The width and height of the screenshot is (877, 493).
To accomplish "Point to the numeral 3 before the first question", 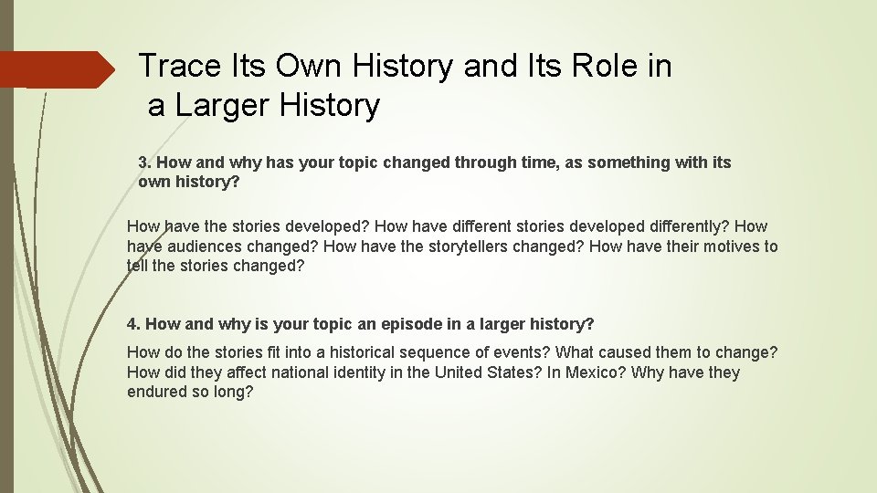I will pyautogui.click(x=143, y=163).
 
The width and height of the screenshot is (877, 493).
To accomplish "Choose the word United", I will pyautogui.click(x=462, y=372).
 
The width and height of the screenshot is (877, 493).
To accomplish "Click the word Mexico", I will pyautogui.click(x=592, y=372).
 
